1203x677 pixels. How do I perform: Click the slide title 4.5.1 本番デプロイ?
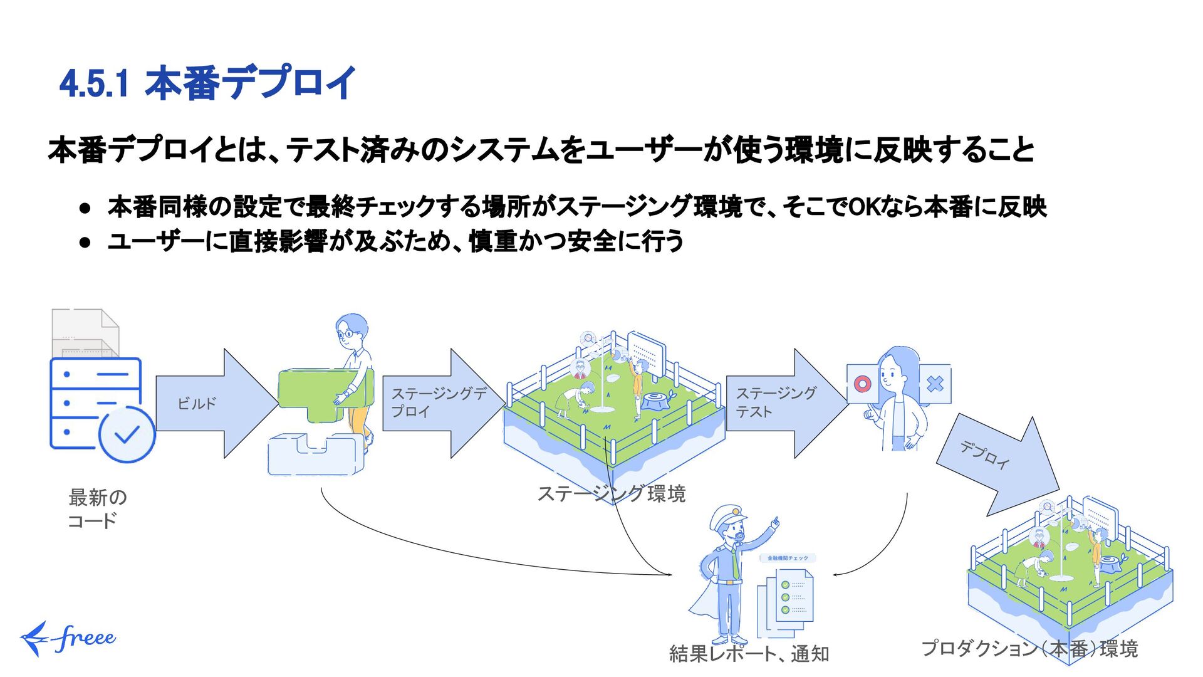[207, 83]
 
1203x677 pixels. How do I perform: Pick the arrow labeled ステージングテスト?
[783, 403]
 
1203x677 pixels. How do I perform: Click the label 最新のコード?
[96, 509]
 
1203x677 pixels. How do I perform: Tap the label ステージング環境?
[611, 494]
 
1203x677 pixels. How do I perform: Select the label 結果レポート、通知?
[749, 654]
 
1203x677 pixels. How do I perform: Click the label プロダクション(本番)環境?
[1029, 648]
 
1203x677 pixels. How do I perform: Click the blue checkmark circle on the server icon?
[127, 434]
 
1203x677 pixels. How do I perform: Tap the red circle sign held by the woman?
[863, 384]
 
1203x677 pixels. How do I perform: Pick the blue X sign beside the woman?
[935, 384]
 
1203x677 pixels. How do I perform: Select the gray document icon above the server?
[85, 332]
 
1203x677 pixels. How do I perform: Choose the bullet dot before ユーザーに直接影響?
[86, 242]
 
